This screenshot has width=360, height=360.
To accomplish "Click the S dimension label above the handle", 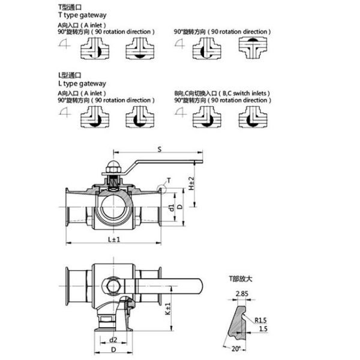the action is coord(160,149).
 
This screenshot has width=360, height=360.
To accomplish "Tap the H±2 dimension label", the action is coord(192,184).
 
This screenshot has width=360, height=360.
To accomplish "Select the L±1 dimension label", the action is coord(114,239).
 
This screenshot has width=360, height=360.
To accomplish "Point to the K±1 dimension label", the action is coord(168,308).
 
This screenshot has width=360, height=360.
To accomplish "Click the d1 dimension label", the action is coord(171,208).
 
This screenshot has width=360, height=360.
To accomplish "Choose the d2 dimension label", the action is coord(113,340).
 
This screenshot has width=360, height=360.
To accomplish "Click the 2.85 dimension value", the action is coord(242,293).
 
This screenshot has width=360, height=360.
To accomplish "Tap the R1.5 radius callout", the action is coord(260,320).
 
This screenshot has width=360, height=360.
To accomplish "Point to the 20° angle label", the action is coord(236,349).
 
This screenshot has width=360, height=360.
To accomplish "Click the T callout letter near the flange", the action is coord(169,180).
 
